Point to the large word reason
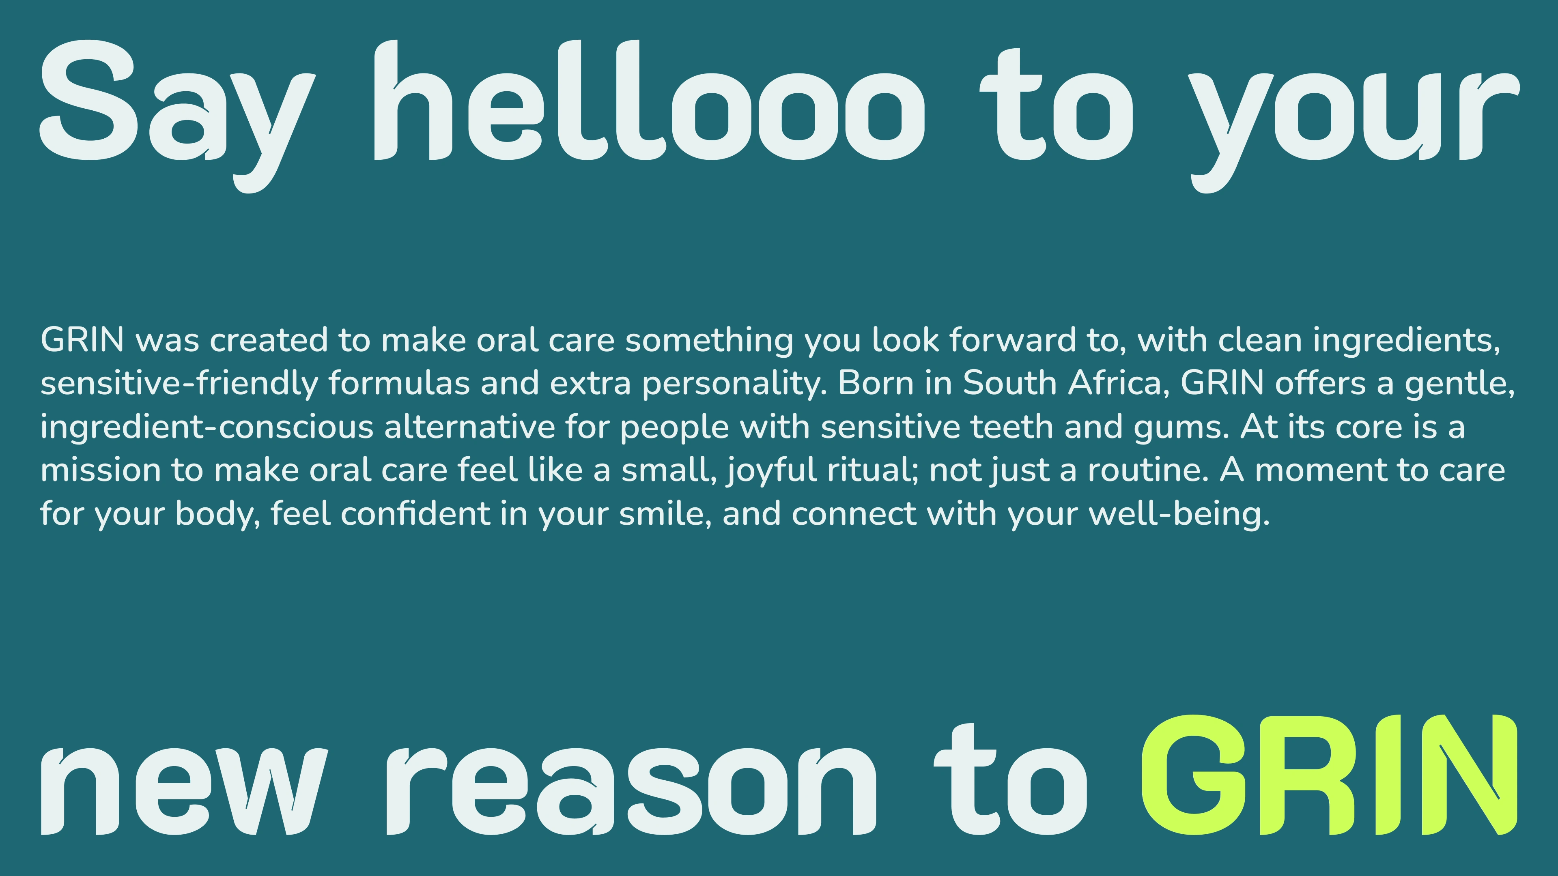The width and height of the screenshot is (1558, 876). tap(631, 791)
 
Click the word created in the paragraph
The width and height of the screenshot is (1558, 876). tap(269, 340)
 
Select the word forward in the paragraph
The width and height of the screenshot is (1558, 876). tap(1012, 340)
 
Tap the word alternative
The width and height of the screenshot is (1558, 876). tap(470, 426)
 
